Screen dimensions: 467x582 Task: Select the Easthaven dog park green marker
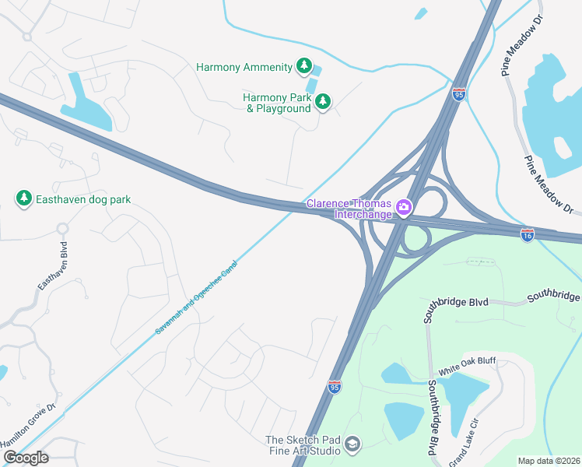pyautogui.click(x=24, y=199)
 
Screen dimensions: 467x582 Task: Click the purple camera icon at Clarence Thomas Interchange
pyautogui.click(x=404, y=207)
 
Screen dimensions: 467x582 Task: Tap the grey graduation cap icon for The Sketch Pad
pyautogui.click(x=352, y=444)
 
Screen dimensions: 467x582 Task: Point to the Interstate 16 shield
pyautogui.click(x=527, y=234)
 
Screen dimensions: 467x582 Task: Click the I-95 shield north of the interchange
pyautogui.click(x=459, y=94)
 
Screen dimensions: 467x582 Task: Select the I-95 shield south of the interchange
pyautogui.click(x=334, y=387)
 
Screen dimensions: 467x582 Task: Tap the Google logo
pyautogui.click(x=26, y=458)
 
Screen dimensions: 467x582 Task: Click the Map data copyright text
pyautogui.click(x=549, y=461)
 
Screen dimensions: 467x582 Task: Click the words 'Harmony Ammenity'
pyautogui.click(x=244, y=68)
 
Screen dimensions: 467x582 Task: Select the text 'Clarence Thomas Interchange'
pyautogui.click(x=349, y=209)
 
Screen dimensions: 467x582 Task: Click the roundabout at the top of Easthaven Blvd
pyautogui.click(x=62, y=228)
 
